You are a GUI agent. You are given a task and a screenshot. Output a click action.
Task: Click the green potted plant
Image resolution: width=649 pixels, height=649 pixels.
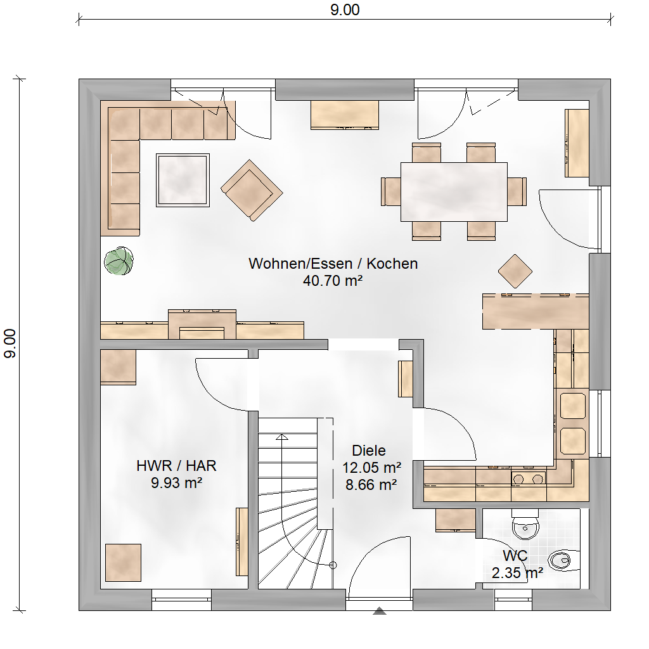click(119, 260)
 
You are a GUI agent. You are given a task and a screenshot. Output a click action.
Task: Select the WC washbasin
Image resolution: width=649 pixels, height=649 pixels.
click(525, 525)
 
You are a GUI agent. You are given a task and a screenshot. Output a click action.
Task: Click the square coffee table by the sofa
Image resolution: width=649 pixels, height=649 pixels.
click(183, 180)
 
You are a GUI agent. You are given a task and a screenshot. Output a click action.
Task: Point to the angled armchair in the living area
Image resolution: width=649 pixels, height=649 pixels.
click(252, 190)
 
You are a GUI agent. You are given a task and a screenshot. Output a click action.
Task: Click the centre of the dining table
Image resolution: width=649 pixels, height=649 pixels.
click(454, 191)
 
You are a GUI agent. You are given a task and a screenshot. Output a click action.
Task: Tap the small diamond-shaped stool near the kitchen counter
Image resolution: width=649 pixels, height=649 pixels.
click(515, 271)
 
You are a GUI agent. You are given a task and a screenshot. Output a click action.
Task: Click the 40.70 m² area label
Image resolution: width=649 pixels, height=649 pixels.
click(333, 281)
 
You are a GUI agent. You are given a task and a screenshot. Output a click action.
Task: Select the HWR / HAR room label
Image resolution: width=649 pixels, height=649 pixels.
click(176, 466)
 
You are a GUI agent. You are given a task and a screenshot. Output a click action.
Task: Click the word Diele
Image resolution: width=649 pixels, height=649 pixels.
click(369, 451)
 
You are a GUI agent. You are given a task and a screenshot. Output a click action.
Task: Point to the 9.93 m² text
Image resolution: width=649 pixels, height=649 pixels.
click(176, 483)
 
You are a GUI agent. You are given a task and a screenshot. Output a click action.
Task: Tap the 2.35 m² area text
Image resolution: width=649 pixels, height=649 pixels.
click(517, 573)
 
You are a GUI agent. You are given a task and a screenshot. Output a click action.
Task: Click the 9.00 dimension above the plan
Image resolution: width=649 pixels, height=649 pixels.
click(345, 10)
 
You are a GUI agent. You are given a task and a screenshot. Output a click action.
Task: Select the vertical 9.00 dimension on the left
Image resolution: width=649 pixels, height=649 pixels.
click(10, 344)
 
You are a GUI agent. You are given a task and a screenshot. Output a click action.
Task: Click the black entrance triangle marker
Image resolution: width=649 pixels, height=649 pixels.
click(380, 611)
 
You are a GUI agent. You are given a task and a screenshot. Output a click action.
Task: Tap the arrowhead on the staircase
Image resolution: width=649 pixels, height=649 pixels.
click(282, 437)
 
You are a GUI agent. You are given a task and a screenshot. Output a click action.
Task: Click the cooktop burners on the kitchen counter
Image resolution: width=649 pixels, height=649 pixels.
click(528, 479)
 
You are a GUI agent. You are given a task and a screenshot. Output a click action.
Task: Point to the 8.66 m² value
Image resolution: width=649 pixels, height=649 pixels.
click(371, 485)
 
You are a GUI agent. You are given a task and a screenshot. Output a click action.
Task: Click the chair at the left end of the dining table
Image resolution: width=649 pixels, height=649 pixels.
click(390, 191)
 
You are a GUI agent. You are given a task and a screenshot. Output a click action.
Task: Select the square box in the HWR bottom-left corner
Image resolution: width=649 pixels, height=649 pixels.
click(123, 563)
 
